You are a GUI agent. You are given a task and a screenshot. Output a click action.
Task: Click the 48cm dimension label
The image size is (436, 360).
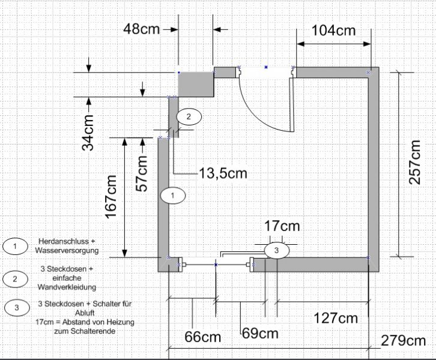pos(142,29)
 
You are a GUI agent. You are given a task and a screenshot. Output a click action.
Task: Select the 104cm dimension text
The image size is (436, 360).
pos(334,30)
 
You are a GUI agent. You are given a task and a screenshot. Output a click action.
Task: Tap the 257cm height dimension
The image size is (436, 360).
pos(414,162)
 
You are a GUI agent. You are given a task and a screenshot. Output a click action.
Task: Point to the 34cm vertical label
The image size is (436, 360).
pos(88,132)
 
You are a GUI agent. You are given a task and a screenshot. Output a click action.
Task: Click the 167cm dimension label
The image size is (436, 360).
pos(111,197)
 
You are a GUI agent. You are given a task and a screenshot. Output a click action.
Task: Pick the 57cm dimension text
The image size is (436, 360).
pos(141,173)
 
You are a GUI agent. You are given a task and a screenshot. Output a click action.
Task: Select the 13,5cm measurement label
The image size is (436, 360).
pos(223,173)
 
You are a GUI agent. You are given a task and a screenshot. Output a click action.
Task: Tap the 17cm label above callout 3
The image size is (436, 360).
pos(282,226)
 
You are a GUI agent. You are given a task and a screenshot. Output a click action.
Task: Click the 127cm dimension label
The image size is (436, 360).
pos(336,318)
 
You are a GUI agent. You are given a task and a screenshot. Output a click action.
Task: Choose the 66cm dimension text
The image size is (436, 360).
pos(203,337)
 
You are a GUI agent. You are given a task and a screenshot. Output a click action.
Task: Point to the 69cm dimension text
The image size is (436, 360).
pos(260,333)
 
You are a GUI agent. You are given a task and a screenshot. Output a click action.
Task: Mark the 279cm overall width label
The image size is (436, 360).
pos(403,341)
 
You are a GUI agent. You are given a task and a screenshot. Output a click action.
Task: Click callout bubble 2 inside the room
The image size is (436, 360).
pos(189,116)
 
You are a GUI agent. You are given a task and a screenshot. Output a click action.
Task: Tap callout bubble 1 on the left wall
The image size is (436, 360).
pos(173,195)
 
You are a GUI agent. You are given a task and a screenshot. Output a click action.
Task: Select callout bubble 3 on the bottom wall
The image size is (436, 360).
pos(276,250)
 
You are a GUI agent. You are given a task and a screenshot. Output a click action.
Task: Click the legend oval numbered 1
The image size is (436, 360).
pos(15,246)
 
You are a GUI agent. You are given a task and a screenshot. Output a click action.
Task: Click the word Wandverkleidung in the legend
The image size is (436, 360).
pos(67,287)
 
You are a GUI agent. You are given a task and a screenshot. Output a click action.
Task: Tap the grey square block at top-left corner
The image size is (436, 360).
pos(196,84)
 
